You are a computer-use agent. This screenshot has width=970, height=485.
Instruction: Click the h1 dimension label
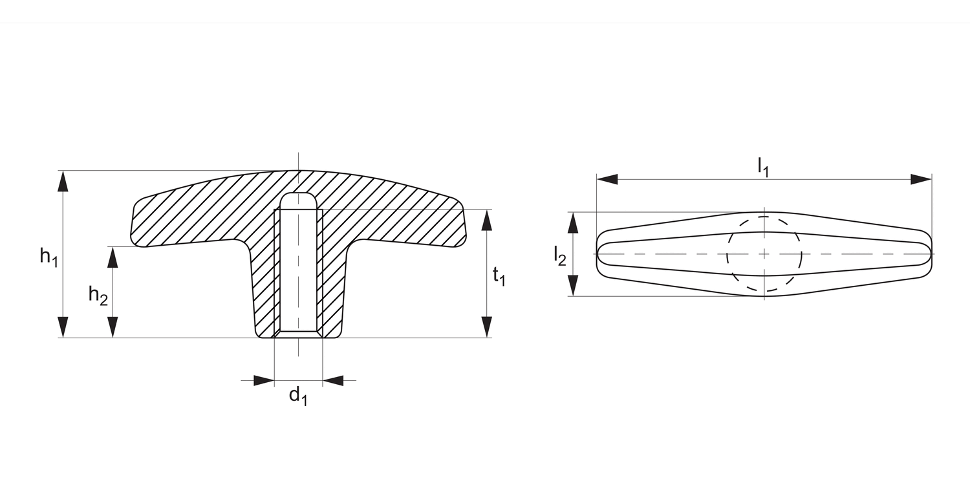click(49, 257)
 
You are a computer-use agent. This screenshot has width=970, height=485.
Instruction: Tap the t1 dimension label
click(499, 277)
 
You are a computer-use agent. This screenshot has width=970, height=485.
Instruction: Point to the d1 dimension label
click(298, 396)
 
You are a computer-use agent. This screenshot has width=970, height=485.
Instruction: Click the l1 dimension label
click(764, 167)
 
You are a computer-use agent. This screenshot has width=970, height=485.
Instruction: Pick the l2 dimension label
click(560, 257)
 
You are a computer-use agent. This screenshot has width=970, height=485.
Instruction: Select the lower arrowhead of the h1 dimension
click(63, 327)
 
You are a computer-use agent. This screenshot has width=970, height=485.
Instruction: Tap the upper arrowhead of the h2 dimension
click(113, 257)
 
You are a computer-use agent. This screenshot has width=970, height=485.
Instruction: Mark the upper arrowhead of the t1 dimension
click(487, 220)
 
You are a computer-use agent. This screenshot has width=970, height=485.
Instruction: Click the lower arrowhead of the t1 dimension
click(487, 327)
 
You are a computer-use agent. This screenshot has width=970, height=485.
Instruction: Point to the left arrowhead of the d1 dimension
click(264, 380)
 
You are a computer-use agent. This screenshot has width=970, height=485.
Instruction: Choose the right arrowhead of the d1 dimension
click(333, 380)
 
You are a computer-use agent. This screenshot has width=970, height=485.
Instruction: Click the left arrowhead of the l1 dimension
click(607, 179)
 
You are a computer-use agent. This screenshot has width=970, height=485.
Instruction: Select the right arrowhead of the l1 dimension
click(921, 179)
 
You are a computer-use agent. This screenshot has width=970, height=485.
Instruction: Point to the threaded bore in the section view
click(298, 272)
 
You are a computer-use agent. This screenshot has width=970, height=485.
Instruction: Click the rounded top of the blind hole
click(298, 199)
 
